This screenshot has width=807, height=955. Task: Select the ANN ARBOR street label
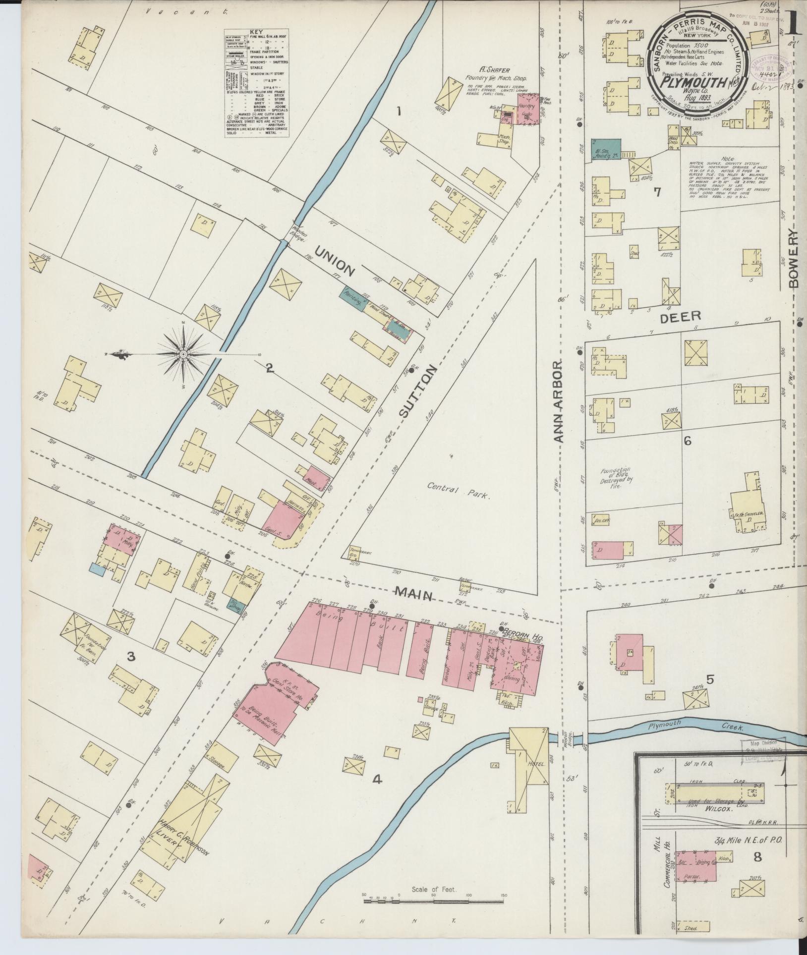pyautogui.click(x=559, y=402)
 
